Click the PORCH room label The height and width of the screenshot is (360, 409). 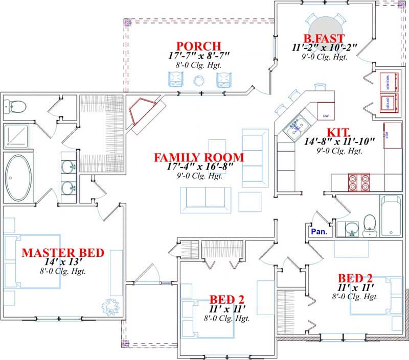(x=192, y=45)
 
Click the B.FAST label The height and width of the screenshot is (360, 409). (x=324, y=38)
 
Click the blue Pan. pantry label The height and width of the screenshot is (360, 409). (x=319, y=231)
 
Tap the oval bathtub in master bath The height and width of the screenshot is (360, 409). (x=18, y=177)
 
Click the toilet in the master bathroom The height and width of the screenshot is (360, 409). (x=15, y=106)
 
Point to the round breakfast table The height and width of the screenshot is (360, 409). (x=326, y=26)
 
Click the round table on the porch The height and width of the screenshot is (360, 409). (x=199, y=80)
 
